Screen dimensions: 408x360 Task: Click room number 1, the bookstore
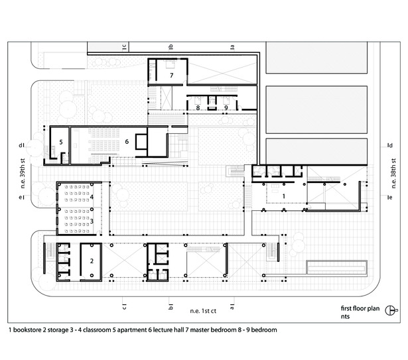(284, 196)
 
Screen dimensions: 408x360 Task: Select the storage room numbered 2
(92, 261)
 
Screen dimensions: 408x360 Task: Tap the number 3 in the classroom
(92, 221)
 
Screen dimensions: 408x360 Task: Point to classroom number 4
(92, 197)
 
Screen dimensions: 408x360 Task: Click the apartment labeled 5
(61, 142)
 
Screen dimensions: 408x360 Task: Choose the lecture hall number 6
(127, 141)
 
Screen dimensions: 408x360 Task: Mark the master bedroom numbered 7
(171, 75)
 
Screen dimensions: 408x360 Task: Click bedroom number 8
(198, 107)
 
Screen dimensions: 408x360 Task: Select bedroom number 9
(226, 107)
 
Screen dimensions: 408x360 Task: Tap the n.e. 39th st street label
(23, 173)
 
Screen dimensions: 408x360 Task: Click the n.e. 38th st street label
(393, 173)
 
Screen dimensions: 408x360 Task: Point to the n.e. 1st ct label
(203, 311)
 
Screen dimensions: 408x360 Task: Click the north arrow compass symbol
(391, 310)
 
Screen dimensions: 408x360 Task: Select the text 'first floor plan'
(360, 308)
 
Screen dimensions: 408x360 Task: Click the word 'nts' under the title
(345, 316)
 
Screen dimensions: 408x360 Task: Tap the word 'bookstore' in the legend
(27, 330)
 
